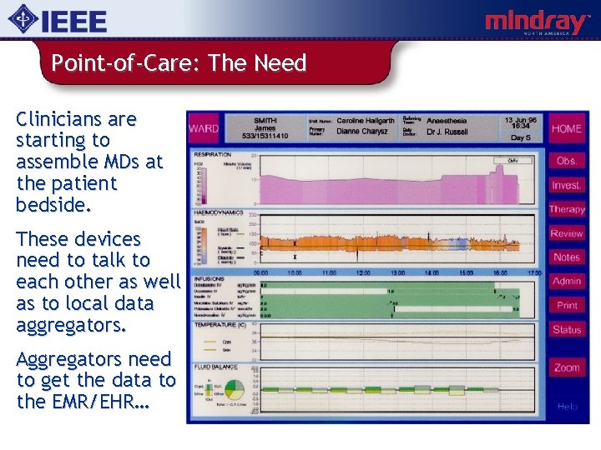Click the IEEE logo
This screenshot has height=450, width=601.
point(58,21)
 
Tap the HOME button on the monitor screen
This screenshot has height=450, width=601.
point(567,129)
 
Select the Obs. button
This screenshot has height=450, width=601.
point(567,160)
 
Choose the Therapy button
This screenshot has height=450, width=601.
point(567,209)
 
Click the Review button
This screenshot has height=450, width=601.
point(567,233)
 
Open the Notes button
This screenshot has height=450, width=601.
point(567,257)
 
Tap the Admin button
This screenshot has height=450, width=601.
point(567,282)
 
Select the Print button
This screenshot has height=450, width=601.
point(567,306)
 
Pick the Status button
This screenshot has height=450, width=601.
point(567,330)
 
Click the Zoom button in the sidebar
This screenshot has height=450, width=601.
point(567,367)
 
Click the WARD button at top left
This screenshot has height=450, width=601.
point(204,129)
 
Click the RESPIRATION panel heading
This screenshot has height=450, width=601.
point(213,155)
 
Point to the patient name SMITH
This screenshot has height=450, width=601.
point(265,120)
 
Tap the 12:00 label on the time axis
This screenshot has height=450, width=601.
point(362,272)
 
